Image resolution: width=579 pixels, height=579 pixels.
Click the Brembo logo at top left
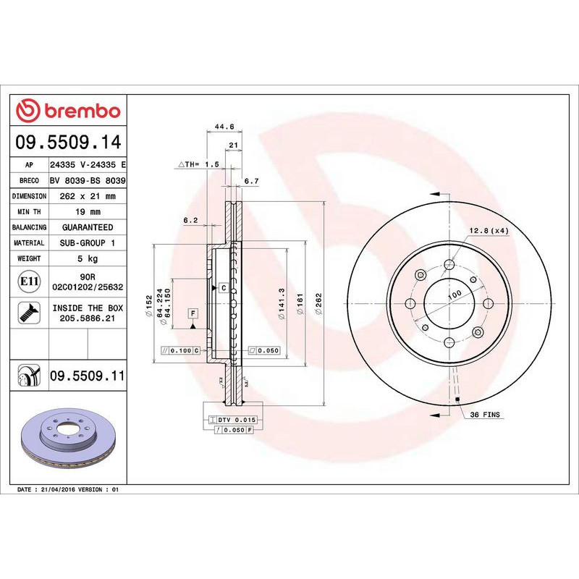(68, 111)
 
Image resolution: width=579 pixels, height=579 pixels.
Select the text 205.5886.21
(88, 318)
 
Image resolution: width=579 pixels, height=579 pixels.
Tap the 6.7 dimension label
(251, 180)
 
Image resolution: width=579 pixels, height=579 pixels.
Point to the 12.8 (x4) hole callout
(489, 230)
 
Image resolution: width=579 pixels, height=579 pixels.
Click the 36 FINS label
(485, 415)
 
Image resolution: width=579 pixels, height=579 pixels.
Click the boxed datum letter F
(193, 313)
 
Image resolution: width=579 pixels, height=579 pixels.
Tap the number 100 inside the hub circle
(454, 295)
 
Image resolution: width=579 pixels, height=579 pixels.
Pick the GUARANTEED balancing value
(87, 227)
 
